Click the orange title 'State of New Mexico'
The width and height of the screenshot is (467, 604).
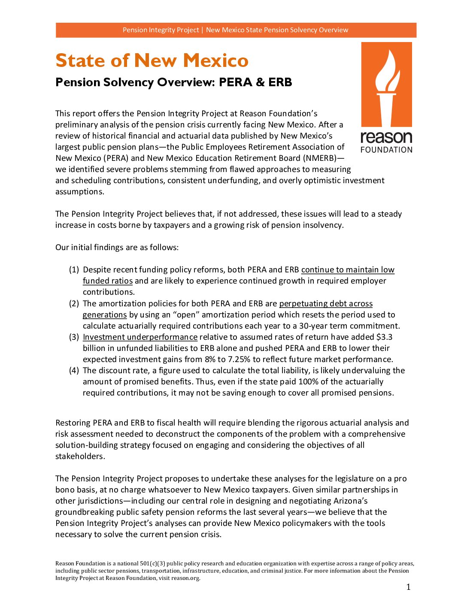(x=152, y=60)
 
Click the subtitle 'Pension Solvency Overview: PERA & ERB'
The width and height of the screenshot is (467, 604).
(x=174, y=82)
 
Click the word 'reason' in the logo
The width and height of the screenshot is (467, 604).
(x=386, y=137)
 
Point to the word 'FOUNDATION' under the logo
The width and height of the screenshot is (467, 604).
(x=386, y=150)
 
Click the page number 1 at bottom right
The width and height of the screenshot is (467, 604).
(x=408, y=587)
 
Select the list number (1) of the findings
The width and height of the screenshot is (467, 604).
(x=74, y=270)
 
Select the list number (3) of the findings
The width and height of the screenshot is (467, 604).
(x=74, y=337)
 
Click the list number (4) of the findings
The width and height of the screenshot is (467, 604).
(x=74, y=371)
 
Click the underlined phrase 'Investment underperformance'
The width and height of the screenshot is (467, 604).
(x=140, y=337)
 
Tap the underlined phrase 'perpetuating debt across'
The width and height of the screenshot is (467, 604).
(x=326, y=304)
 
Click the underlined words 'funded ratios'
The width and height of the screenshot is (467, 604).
(x=108, y=281)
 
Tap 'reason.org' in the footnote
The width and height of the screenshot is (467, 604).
(x=185, y=578)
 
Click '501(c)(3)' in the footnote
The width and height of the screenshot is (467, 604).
(x=153, y=564)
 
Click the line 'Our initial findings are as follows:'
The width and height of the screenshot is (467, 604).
(x=117, y=248)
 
